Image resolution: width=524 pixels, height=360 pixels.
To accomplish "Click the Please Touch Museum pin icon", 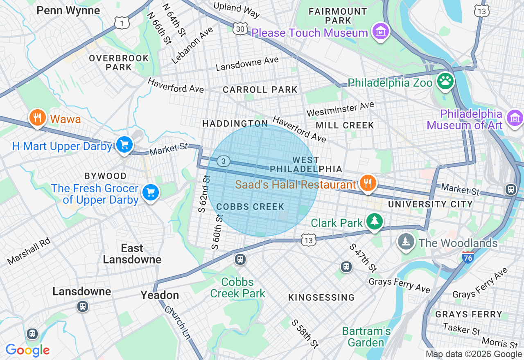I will click(380, 31).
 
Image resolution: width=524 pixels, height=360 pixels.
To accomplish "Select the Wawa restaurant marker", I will click(37, 118).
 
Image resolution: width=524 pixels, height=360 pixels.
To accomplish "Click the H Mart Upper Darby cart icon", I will click(124, 144).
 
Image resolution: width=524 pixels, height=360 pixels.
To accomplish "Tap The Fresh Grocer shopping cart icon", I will click(150, 192).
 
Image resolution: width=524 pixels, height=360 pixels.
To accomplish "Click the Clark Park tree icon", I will click(374, 221).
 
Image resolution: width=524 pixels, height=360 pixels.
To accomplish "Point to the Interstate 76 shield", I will click(468, 257).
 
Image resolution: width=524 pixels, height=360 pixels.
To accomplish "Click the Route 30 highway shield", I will click(240, 28).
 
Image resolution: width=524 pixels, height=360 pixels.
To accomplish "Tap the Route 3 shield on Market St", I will click(223, 161).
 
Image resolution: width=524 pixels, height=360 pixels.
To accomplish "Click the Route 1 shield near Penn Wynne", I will click(122, 23).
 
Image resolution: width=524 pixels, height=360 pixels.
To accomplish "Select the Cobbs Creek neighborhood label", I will click(250, 207).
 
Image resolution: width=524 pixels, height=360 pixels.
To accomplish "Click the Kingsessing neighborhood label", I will click(321, 297).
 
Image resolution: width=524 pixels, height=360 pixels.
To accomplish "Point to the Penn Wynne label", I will click(68, 10).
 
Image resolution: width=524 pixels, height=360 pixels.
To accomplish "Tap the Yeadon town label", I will click(160, 295).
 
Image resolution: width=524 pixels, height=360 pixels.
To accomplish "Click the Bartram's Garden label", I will click(366, 336).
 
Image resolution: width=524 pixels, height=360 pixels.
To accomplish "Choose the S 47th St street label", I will click(363, 258).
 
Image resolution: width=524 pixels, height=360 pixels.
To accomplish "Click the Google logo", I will click(27, 351).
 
